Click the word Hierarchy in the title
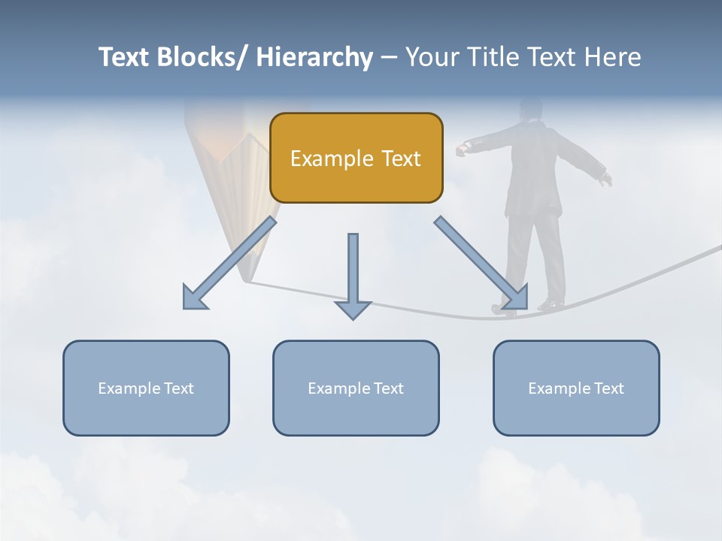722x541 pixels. [x=314, y=57]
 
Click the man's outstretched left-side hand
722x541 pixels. [x=462, y=150]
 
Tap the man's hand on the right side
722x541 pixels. [x=606, y=179]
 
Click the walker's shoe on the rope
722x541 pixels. [x=551, y=304]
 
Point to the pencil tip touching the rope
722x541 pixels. [x=245, y=280]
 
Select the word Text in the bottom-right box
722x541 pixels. [x=608, y=388]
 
